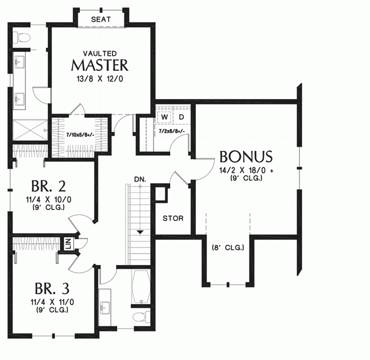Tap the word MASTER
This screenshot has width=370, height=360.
100,64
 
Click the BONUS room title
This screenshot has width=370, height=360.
246,157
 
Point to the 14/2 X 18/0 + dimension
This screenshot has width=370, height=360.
246,170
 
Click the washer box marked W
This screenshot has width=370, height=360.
164,117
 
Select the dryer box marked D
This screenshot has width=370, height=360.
182,117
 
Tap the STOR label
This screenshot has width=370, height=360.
172,218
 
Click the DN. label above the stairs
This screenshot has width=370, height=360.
140,179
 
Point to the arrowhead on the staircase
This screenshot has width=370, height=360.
140,232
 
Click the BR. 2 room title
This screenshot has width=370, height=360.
48,186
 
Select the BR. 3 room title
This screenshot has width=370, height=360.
52,289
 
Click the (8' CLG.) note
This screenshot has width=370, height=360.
228,248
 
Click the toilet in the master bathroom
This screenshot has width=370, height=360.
22,37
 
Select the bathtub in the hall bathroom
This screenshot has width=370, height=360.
141,286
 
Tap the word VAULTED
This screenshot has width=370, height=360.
99,52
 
